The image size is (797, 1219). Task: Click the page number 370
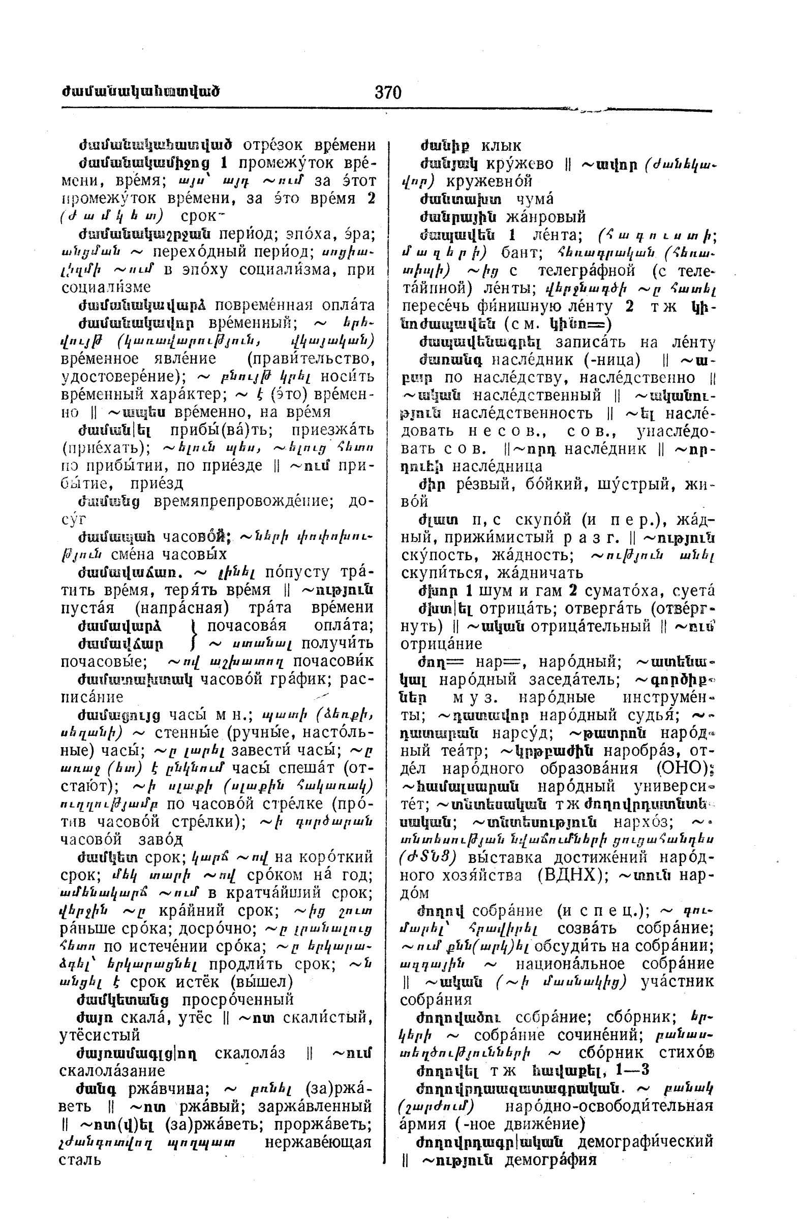click(388, 92)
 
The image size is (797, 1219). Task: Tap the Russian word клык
click(501, 146)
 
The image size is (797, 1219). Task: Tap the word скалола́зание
click(112, 1071)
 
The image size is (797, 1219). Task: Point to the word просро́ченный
click(238, 999)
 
